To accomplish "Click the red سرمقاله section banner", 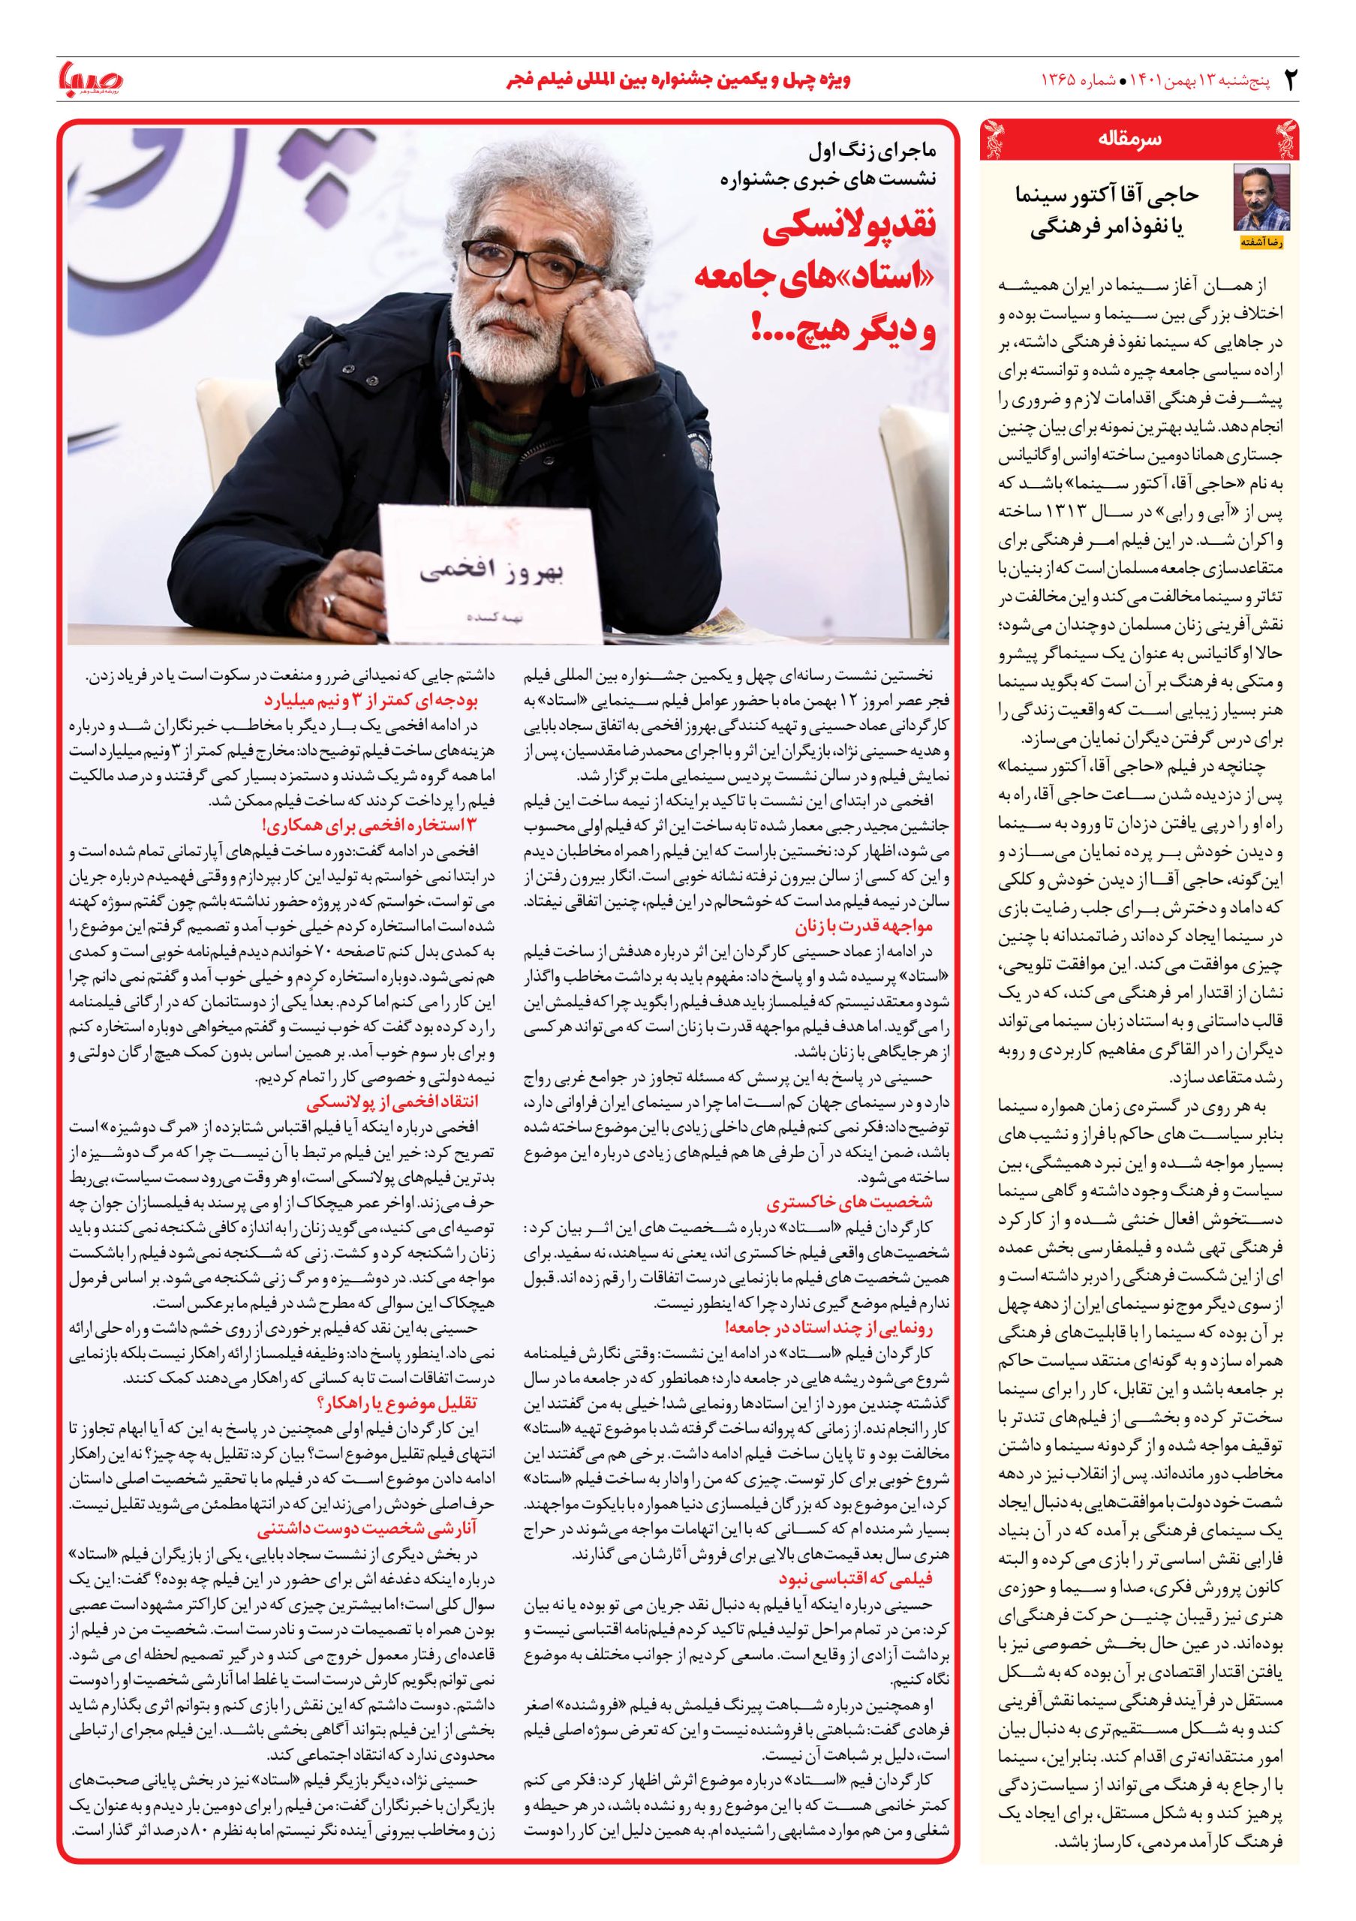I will [1138, 140].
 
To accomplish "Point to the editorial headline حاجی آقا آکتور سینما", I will [1106, 195].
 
